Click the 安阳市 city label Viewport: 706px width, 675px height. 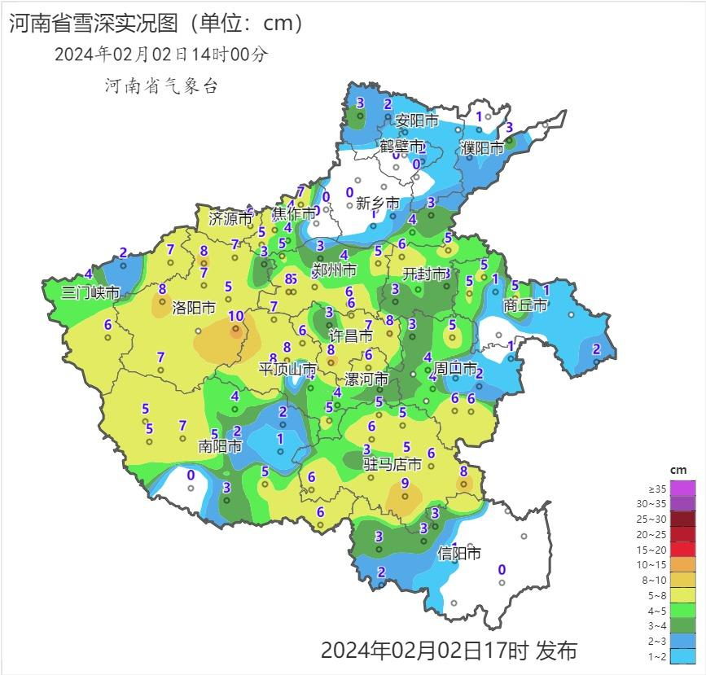pos(416,121)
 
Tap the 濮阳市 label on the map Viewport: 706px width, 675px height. pos(481,148)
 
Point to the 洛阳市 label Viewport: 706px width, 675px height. pos(193,309)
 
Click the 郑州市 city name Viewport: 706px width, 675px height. pos(334,270)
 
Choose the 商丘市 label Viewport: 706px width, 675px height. pos(525,305)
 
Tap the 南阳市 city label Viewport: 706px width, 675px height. pos(220,446)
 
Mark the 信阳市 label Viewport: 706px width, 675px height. pos(459,554)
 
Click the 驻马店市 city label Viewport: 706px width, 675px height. pos(392,464)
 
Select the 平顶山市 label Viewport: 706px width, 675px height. pos(287,369)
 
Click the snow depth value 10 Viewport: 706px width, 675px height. pos(235,317)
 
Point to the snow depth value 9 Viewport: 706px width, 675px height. pos(405,484)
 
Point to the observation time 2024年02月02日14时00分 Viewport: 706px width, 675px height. pos(160,55)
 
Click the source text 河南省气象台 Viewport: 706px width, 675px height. pos(161,85)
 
